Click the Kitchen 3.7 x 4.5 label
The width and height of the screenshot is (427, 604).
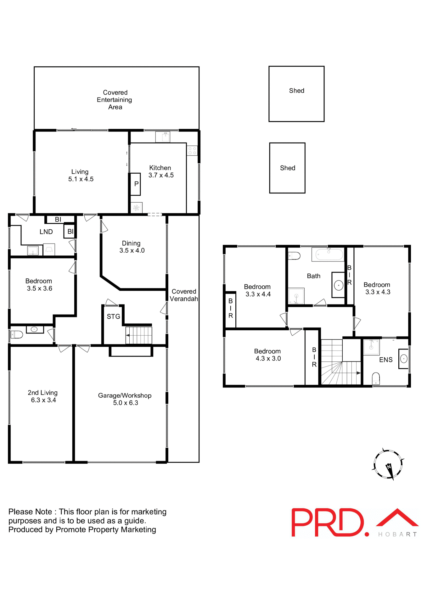(x=161, y=171)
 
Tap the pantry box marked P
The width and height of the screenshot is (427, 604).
(x=136, y=184)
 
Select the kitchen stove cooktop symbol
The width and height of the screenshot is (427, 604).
(x=192, y=151)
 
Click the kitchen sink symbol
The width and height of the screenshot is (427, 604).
(x=163, y=137)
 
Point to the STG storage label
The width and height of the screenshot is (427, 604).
(x=113, y=316)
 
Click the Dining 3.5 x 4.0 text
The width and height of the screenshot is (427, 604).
(x=132, y=247)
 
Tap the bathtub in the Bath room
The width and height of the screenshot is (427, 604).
(x=329, y=254)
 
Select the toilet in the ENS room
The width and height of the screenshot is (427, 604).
(x=376, y=378)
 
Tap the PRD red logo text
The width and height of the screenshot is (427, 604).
(x=328, y=523)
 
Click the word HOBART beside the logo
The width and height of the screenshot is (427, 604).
(x=397, y=534)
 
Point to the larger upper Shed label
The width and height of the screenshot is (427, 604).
(x=296, y=91)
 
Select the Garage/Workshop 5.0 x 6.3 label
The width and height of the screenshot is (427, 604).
(x=125, y=399)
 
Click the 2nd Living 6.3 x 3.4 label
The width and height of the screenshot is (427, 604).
(x=43, y=396)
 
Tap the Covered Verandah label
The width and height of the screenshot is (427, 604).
(x=184, y=295)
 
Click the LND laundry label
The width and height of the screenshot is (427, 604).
(x=46, y=232)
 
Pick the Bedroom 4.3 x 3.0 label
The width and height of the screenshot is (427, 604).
(x=268, y=355)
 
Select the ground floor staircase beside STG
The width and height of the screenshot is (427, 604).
(x=139, y=335)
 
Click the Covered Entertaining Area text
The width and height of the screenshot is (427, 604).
(x=115, y=100)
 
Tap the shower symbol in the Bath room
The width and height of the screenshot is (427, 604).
(x=296, y=296)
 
